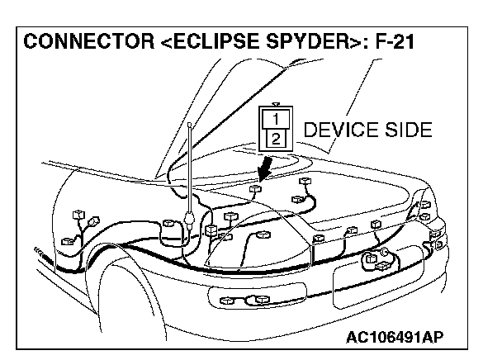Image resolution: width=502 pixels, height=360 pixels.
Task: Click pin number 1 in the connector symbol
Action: [x=275, y=119]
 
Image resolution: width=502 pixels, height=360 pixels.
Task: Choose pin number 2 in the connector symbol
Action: [x=275, y=137]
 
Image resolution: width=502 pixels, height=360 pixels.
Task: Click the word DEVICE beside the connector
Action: [x=334, y=130]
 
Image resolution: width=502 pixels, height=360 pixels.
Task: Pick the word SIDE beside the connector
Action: [x=404, y=130]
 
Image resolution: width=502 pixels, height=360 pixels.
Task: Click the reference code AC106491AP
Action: [x=395, y=337]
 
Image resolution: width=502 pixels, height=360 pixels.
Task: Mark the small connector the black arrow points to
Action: [x=255, y=189]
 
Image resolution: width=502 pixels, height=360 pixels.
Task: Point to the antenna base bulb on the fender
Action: [x=190, y=220]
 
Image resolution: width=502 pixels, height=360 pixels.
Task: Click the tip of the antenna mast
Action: [x=189, y=123]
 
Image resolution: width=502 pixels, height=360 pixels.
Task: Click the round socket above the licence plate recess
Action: [x=384, y=253]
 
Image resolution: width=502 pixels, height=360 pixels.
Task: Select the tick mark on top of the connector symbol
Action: [x=275, y=105]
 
